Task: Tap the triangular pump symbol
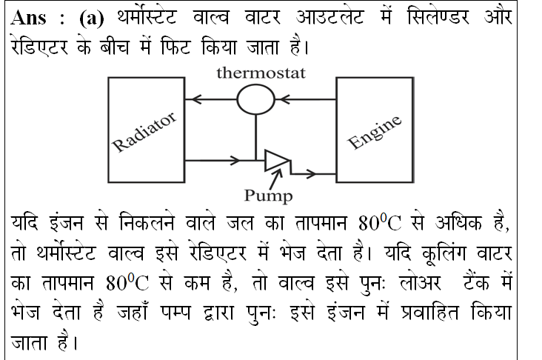[x=277, y=161]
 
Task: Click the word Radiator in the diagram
[x=145, y=132]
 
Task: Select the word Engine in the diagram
[x=375, y=132]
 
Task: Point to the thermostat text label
[x=261, y=73]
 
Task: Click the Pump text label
[x=269, y=196]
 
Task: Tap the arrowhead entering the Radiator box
[x=196, y=99]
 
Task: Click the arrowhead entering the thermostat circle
[x=284, y=99]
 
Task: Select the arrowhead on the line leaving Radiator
[x=235, y=161]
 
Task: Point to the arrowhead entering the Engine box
[x=310, y=173]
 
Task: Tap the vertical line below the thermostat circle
[x=255, y=137]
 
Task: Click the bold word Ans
[x=28, y=17]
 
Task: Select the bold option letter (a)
[x=92, y=18]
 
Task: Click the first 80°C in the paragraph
[x=380, y=221]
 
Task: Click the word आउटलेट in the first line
[x=329, y=17]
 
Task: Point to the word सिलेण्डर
[x=438, y=16]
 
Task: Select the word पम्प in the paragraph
[x=175, y=313]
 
